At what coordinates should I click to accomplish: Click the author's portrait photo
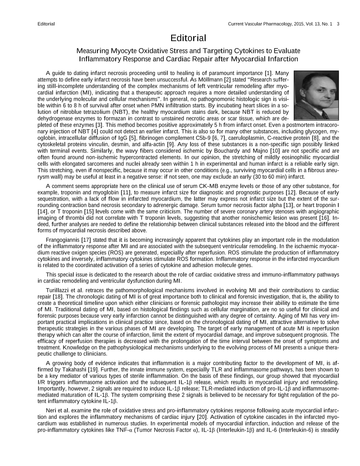pos(316,94)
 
